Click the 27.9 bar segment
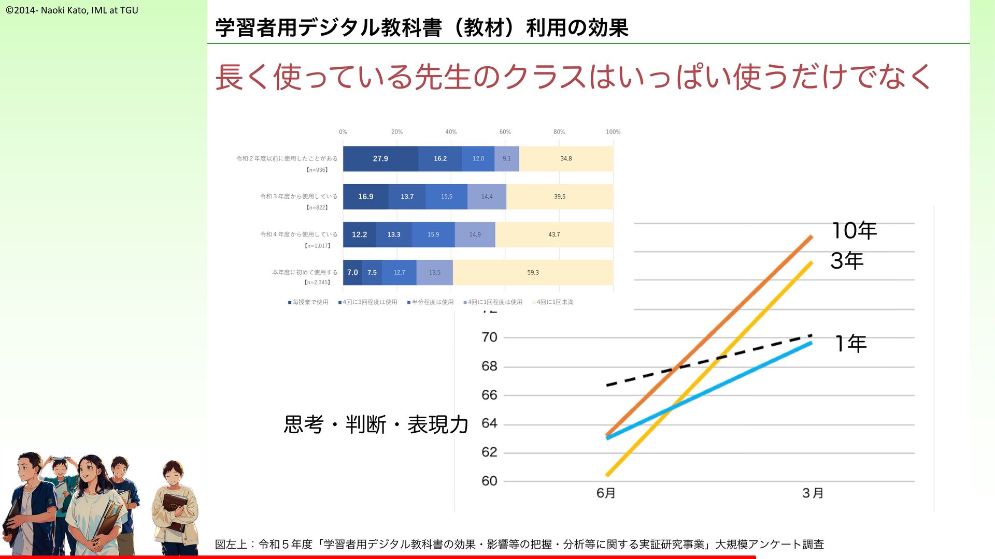[380, 159]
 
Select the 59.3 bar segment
[533, 273]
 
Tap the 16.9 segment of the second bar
[365, 197]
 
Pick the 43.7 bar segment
[554, 234]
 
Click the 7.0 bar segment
[352, 272]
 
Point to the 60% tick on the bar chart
[505, 132]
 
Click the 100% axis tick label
[613, 132]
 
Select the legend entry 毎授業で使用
[308, 302]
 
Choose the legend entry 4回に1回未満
[553, 302]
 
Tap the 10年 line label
[854, 231]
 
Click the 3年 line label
[847, 261]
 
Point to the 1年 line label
[850, 344]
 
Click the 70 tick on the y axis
[489, 337]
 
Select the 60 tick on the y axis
[489, 481]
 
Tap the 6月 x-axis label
[606, 493]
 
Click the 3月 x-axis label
[813, 493]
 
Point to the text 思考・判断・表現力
[376, 425]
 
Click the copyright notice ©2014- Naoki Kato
[72, 10]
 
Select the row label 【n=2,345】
[317, 283]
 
